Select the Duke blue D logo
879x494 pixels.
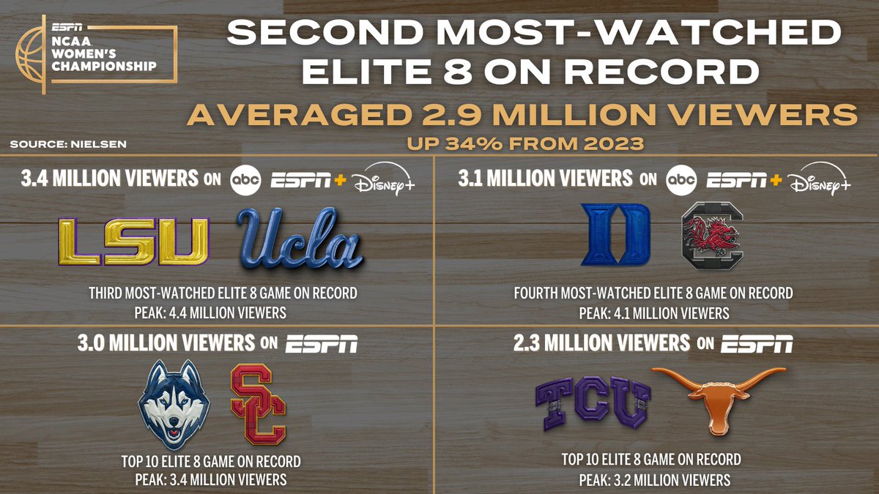click(615, 234)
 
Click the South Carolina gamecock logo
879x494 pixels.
click(711, 234)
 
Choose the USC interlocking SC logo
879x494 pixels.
click(258, 405)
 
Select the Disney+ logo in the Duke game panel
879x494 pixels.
click(820, 180)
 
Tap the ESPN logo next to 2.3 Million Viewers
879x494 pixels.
click(757, 343)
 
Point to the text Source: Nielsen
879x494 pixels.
click(67, 144)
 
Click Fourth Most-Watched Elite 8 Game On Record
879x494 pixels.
click(654, 293)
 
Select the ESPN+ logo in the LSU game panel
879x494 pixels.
click(304, 180)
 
